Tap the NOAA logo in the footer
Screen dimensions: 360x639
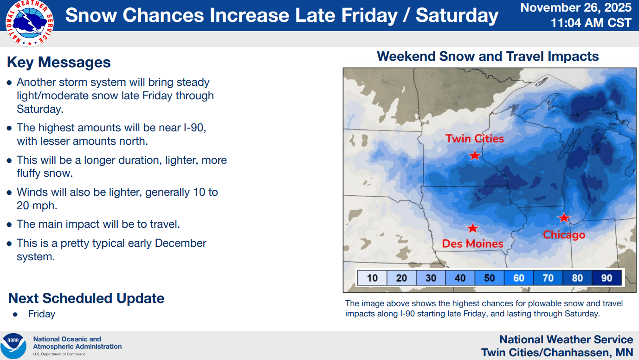(x=13, y=346)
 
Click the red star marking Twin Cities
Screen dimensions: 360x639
(x=475, y=155)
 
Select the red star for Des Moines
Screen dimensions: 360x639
(x=472, y=228)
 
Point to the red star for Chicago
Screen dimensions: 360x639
(x=564, y=218)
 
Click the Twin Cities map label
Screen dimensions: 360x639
(x=475, y=138)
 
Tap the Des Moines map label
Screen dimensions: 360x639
(x=472, y=244)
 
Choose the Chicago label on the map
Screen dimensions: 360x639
(x=564, y=235)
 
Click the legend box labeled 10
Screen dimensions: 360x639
(x=372, y=278)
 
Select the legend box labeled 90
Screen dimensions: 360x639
(x=607, y=278)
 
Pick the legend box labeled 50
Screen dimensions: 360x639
(x=489, y=278)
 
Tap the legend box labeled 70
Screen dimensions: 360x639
(x=548, y=278)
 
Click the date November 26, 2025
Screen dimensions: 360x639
(x=575, y=7)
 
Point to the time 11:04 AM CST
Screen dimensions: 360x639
(x=591, y=23)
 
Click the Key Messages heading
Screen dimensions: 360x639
(x=59, y=62)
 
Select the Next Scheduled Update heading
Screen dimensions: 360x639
(x=86, y=298)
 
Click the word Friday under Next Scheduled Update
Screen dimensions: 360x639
(x=42, y=314)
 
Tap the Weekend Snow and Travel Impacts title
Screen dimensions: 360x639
(x=488, y=57)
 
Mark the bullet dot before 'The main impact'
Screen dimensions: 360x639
(x=9, y=225)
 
